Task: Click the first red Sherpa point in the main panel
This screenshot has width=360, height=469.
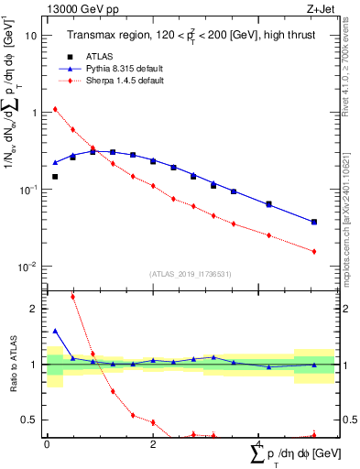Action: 55,109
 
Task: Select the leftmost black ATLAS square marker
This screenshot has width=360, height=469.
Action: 55,177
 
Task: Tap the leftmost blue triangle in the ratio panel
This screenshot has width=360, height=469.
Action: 55,331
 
